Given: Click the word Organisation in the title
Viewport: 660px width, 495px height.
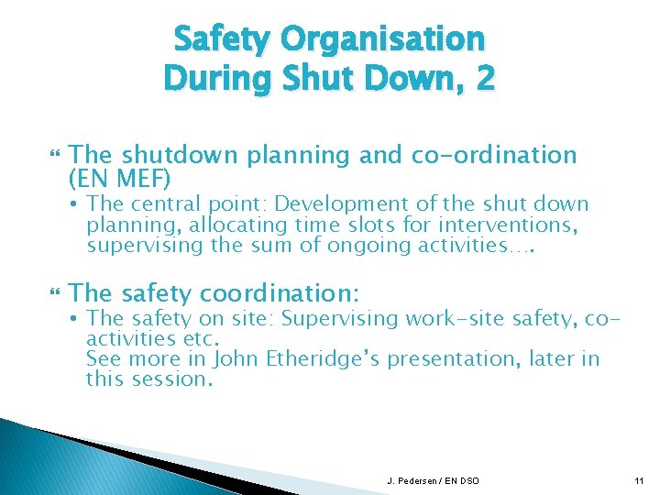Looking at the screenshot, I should (383, 39).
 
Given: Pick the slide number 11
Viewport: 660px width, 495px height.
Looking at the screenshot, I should (638, 480).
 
